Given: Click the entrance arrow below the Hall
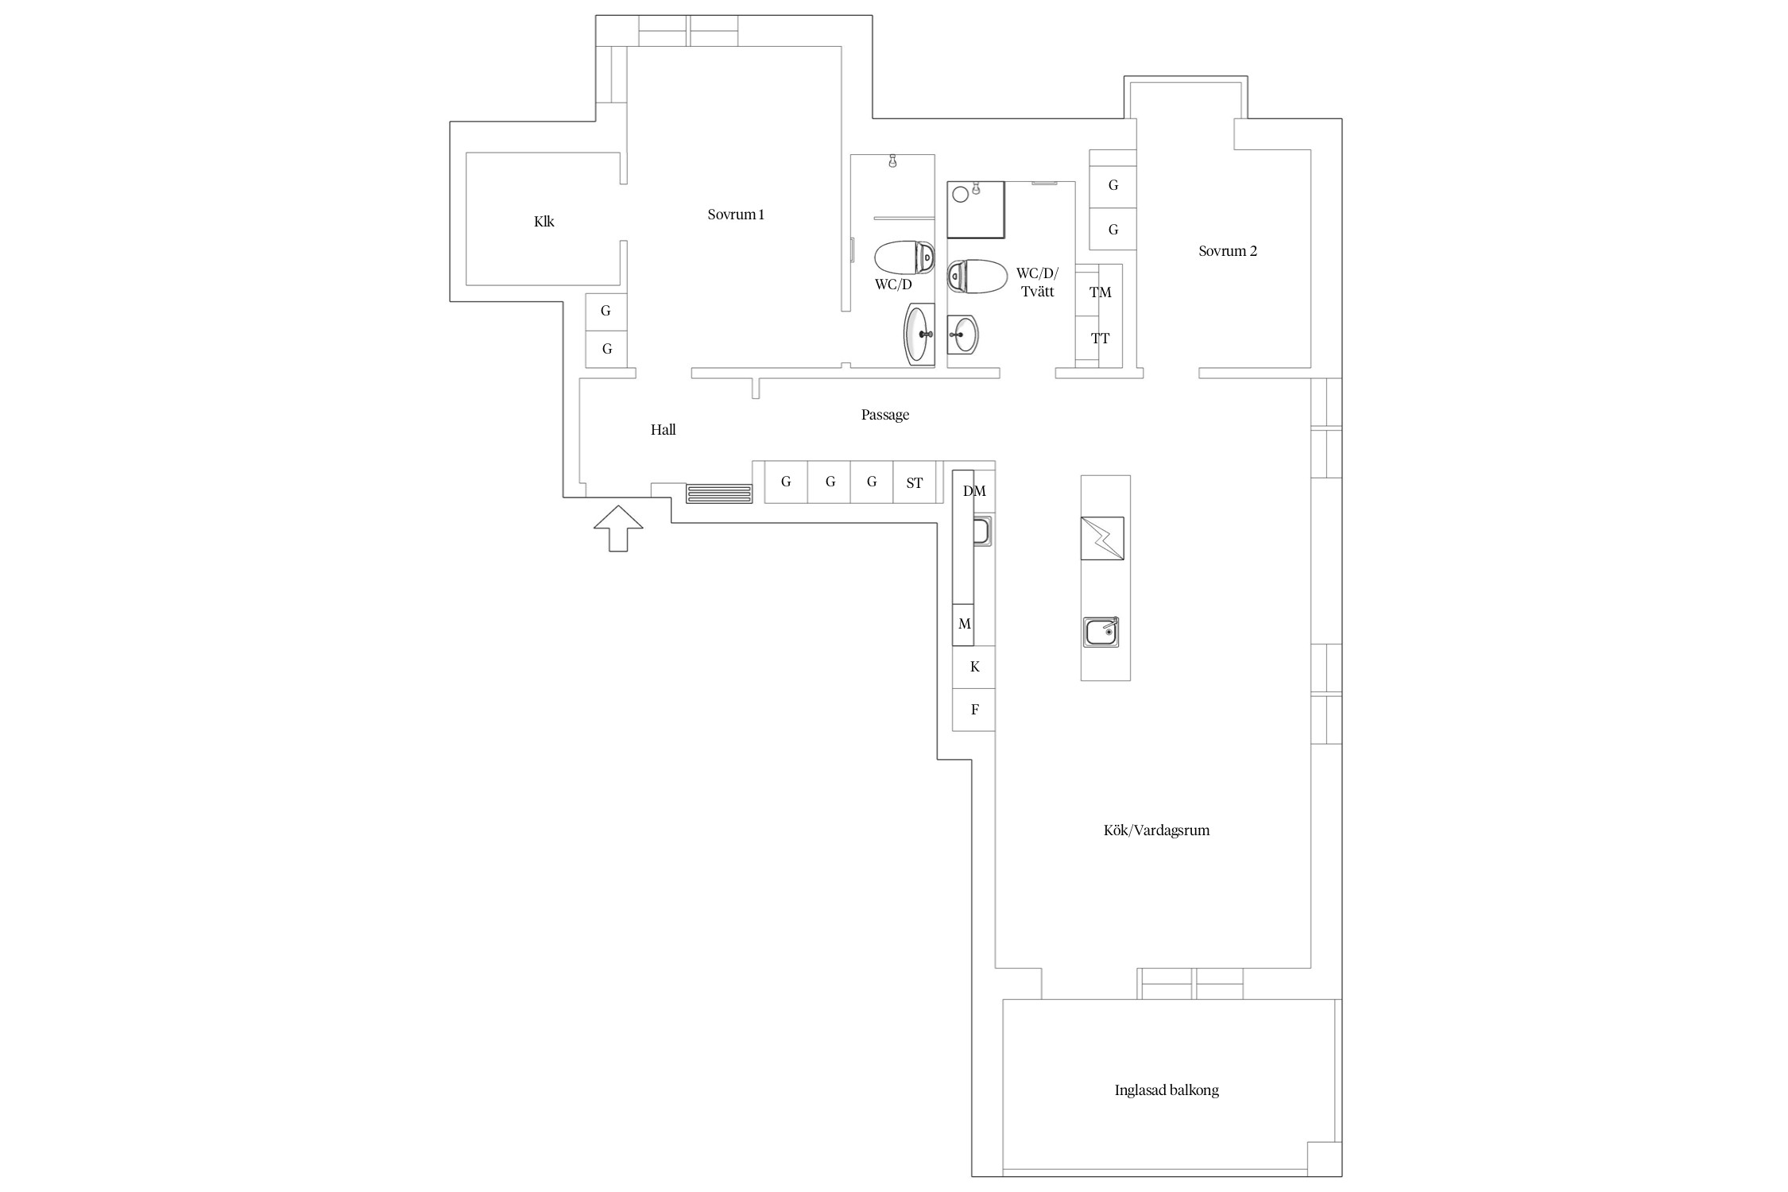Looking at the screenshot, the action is tap(618, 528).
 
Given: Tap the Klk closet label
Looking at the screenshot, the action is tap(544, 222).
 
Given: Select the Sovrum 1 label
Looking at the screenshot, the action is tap(736, 215).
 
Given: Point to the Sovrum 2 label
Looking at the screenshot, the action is tap(1228, 251).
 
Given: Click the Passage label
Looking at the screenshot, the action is tap(885, 415).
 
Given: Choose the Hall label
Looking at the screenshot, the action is tap(664, 430).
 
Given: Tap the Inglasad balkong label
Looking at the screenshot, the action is tap(1167, 1090).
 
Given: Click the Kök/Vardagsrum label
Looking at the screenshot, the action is tap(1156, 830).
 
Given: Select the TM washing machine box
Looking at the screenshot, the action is tap(1099, 291).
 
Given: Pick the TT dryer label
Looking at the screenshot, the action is tap(1100, 339).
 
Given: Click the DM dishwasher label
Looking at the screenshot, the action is tap(974, 491).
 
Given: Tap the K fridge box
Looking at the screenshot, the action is tap(974, 667).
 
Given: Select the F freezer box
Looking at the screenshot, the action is tap(974, 710).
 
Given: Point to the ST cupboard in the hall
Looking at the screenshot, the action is tap(915, 482).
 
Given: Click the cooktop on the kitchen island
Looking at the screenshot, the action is tap(1102, 539).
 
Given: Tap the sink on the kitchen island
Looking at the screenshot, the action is tap(1101, 632).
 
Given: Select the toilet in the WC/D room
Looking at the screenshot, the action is tap(904, 257).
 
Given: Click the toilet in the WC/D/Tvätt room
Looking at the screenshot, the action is tap(977, 277).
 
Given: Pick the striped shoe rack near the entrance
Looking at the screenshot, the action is tap(719, 493).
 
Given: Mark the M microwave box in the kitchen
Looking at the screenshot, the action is tap(963, 625).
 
